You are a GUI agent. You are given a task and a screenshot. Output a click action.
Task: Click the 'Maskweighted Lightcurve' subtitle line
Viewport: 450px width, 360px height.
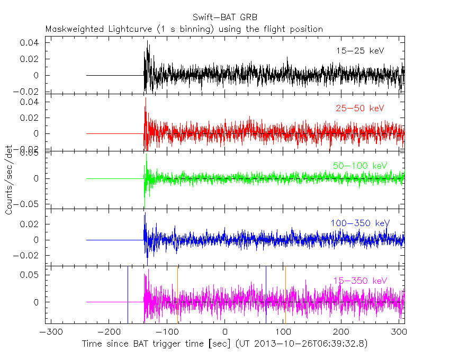coord(184,29)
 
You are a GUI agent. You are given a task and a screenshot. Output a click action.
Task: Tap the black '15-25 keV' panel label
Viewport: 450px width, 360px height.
coord(359,51)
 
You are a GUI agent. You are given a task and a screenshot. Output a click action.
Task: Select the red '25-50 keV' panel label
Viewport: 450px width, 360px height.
coord(359,109)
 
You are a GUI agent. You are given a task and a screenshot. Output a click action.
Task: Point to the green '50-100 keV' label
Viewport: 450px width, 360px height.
coord(360,166)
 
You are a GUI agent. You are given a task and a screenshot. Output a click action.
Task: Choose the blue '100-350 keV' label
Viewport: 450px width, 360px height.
coord(359,223)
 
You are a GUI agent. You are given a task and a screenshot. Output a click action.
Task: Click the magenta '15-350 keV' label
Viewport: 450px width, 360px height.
coord(360,281)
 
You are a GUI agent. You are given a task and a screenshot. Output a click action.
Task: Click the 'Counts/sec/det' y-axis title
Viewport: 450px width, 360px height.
coord(9,180)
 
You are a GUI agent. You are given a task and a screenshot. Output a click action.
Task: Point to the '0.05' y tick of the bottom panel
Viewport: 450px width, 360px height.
coord(31,275)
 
